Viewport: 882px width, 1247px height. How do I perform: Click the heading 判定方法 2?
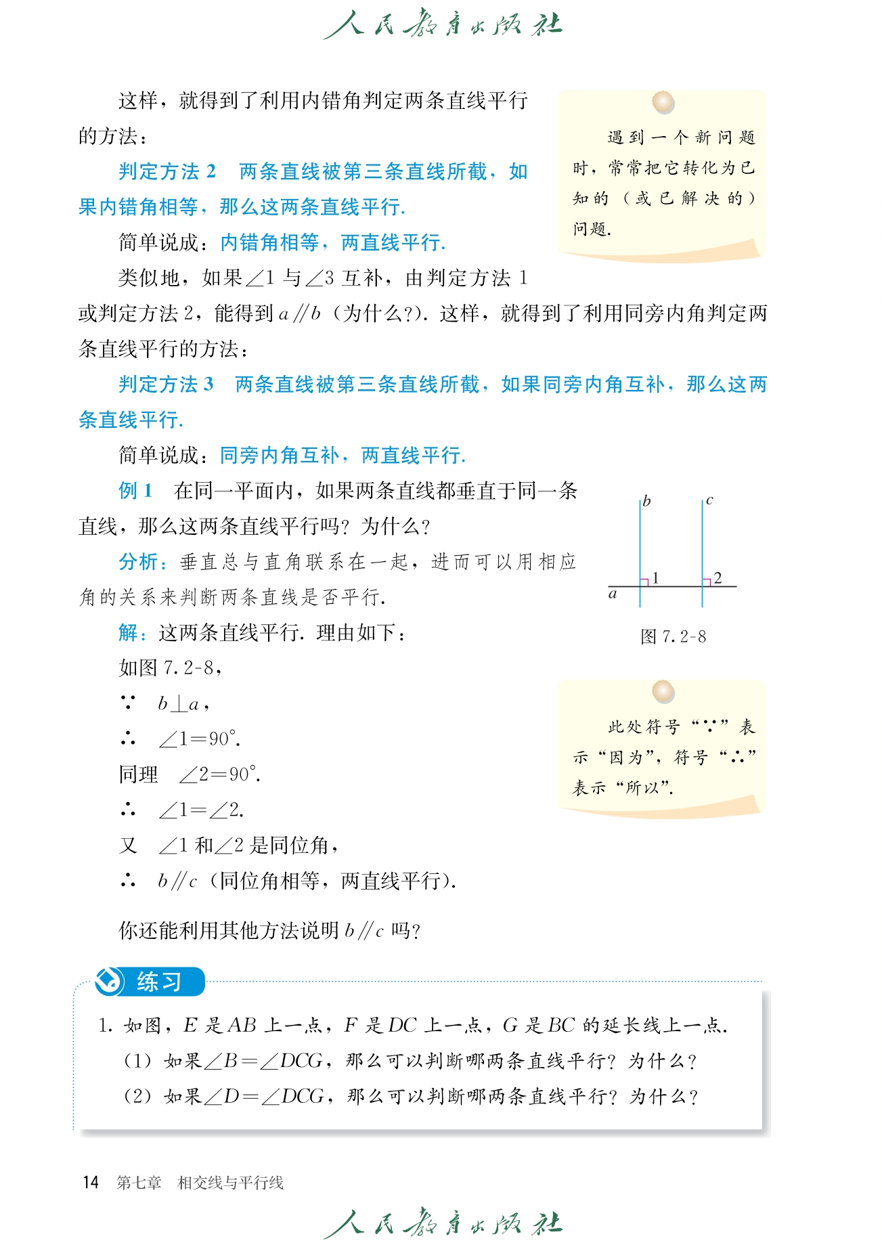[x=167, y=172]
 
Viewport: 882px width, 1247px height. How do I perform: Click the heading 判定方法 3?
[x=166, y=385]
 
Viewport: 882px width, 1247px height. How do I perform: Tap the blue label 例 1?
[x=135, y=491]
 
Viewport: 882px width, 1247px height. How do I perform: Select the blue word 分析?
[x=138, y=562]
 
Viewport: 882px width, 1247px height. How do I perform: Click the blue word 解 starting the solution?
[x=128, y=633]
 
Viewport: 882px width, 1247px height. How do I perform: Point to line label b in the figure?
[x=646, y=502]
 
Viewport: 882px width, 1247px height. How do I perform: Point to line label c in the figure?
[x=709, y=501]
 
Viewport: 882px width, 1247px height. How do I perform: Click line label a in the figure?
[x=613, y=594]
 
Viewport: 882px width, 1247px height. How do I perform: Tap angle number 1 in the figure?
[x=655, y=577]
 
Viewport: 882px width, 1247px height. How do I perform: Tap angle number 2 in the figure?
[x=718, y=577]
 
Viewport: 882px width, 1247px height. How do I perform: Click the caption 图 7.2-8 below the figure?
[x=673, y=636]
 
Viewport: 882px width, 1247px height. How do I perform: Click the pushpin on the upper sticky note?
[x=663, y=103]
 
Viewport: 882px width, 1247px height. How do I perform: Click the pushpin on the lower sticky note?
[x=663, y=692]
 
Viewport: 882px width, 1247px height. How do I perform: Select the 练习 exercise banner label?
[x=158, y=982]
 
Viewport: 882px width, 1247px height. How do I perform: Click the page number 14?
[x=91, y=1183]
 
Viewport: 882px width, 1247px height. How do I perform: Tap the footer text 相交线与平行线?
[x=230, y=1183]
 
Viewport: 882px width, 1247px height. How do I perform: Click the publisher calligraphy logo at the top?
[x=442, y=25]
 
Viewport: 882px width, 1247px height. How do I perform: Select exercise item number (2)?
[x=137, y=1096]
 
